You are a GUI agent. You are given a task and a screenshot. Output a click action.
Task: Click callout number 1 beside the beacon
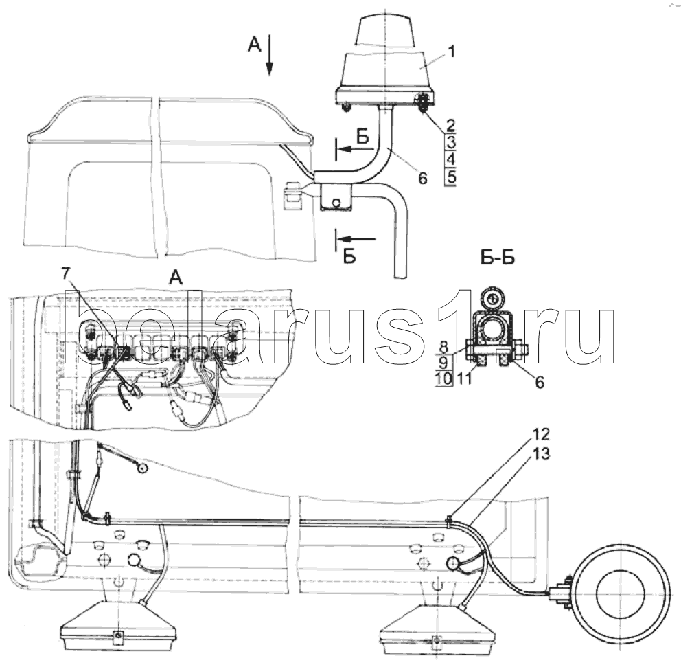(x=451, y=52)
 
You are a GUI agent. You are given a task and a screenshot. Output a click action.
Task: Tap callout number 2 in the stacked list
(x=450, y=126)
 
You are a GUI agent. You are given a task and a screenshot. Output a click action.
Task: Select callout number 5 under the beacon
(x=450, y=177)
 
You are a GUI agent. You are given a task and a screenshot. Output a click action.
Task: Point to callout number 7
(x=65, y=274)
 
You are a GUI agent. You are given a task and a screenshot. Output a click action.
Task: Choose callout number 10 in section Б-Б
(x=443, y=378)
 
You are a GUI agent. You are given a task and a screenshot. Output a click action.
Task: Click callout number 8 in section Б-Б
(x=443, y=348)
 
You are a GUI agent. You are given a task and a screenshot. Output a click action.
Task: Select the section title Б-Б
(x=498, y=258)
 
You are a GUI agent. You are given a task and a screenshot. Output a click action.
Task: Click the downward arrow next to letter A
(x=270, y=55)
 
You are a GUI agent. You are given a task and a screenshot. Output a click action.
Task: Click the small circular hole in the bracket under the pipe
(x=335, y=203)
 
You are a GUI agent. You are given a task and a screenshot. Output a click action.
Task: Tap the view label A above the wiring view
(x=176, y=276)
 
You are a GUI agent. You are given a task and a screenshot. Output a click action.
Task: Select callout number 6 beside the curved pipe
(x=423, y=178)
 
